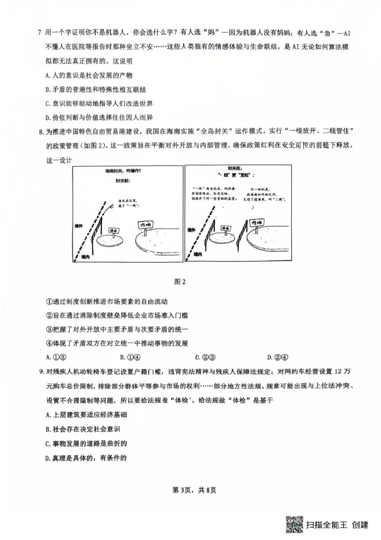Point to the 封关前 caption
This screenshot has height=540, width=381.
[x=122, y=181]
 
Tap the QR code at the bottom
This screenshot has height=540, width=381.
[x=294, y=525]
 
